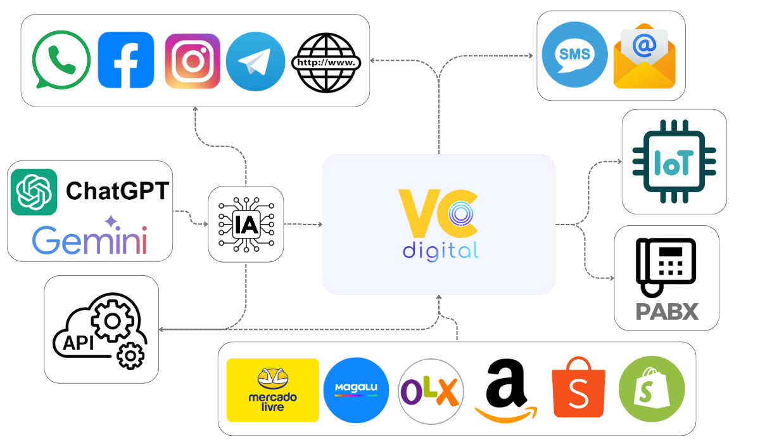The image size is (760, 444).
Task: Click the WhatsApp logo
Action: tap(61, 60)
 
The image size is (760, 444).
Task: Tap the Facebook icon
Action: tap(125, 60)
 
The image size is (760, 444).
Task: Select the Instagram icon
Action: tap(192, 61)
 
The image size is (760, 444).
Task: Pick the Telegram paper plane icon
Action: tap(255, 62)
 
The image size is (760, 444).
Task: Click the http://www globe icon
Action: tap(326, 62)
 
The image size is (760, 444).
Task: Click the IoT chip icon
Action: tap(673, 162)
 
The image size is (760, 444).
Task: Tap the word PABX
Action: tap(667, 312)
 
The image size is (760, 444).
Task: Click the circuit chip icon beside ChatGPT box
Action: tap(246, 224)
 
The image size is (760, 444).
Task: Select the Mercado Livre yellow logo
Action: tap(272, 390)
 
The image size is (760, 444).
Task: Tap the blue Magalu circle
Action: tap(355, 390)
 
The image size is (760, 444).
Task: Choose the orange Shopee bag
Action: tap(578, 388)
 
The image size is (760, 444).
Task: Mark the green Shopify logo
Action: tap(651, 389)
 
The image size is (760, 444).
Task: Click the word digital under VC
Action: tap(440, 250)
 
